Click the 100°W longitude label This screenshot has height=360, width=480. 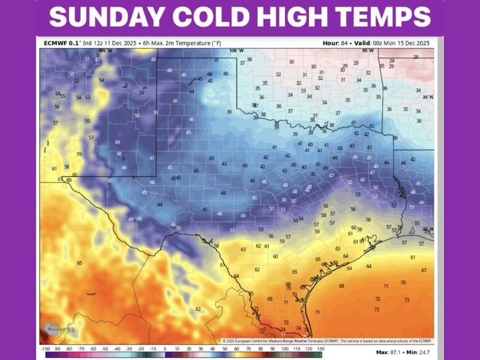pos(236,51)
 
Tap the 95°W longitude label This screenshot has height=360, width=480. pos(368,51)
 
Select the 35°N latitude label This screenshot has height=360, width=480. pos(427,97)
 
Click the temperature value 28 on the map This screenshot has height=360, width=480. pos(415,57)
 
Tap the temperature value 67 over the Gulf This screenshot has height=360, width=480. pos(424,271)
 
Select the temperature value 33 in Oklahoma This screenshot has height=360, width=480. pos(302,91)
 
